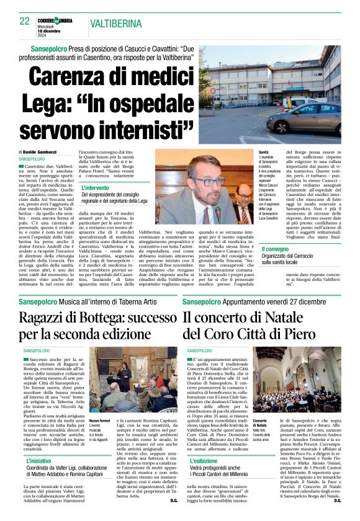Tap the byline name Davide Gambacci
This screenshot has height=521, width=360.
[x=57, y=152]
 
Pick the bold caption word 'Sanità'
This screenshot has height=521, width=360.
[x=266, y=152]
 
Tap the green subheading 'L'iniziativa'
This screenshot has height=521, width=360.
[x=42, y=478]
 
